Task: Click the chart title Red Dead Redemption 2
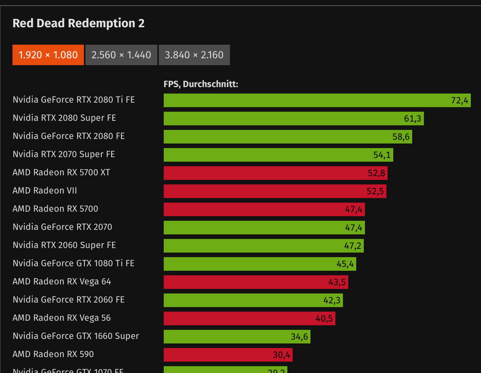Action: point(79,23)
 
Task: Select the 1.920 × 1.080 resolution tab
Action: point(48,55)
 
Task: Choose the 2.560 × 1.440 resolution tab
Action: point(121,55)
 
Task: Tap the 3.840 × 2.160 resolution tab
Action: point(194,55)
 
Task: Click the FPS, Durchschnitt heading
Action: point(201,84)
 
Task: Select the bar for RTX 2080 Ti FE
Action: point(317,100)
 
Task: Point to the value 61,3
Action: point(412,119)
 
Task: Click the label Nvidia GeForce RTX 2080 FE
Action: point(68,136)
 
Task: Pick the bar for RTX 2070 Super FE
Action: point(278,155)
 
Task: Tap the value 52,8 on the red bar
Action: point(376,173)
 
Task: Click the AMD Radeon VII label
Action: point(45,191)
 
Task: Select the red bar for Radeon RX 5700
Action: point(264,209)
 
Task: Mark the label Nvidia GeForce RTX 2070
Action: point(62,227)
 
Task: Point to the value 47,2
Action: point(352,246)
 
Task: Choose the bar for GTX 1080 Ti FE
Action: point(260,264)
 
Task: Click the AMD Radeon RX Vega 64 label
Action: point(62,282)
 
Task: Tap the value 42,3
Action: point(332,300)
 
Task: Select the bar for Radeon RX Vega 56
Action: point(249,318)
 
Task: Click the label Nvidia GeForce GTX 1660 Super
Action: point(76,336)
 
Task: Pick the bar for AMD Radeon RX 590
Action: point(228,355)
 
